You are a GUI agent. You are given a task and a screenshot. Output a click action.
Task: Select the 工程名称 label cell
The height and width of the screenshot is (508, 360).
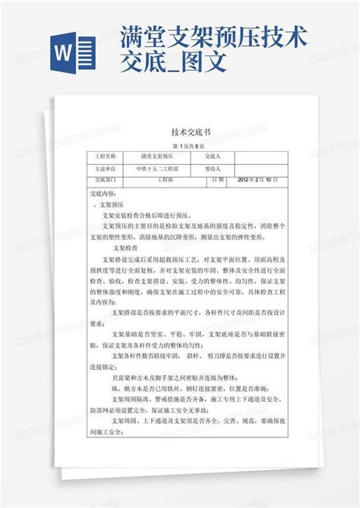click(x=106, y=156)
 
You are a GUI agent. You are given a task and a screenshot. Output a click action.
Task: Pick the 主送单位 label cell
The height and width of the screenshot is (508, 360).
click(x=106, y=168)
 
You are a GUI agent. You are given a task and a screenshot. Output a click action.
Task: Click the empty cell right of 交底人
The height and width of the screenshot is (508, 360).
click(x=257, y=156)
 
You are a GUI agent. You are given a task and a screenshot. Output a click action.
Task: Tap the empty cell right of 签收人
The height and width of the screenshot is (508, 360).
click(x=257, y=168)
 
